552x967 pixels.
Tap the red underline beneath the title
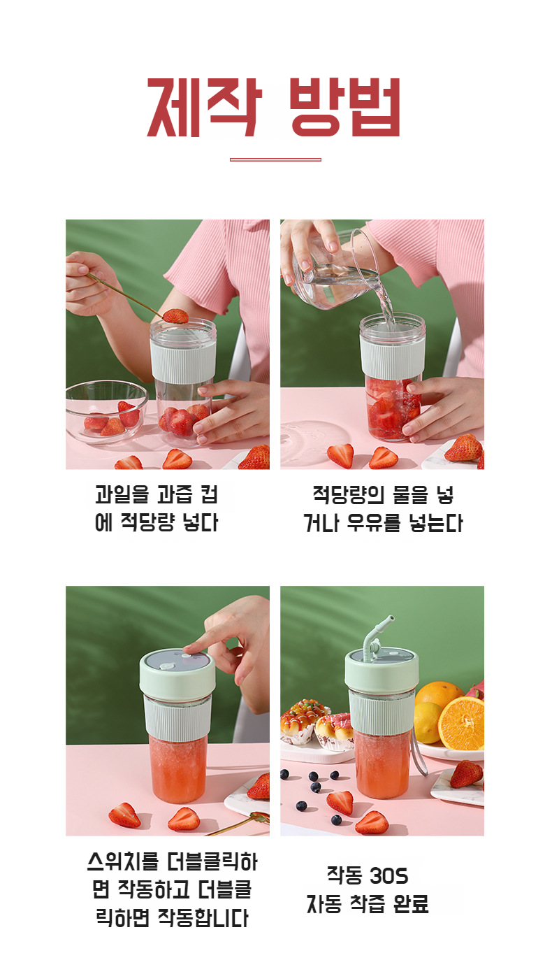pos(275,159)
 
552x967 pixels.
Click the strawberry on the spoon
pos(175,315)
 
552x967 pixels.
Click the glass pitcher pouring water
pos(335,269)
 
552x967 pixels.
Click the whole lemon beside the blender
pos(428,720)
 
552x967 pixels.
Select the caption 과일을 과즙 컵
pos(157,495)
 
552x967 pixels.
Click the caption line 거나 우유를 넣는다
pos(383,523)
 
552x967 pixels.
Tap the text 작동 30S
pos(368,875)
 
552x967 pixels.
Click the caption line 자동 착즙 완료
pos(368,904)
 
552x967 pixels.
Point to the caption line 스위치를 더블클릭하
pos(172,861)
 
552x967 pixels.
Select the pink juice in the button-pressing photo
pos(178,769)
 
